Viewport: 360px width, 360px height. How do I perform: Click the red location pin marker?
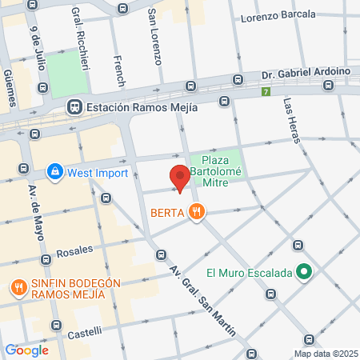[x=179, y=177]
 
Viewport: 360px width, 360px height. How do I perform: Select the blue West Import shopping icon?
[x=54, y=170]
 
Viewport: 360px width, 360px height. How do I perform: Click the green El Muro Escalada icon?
[x=303, y=273]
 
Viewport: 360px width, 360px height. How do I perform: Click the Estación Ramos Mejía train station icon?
[x=74, y=106]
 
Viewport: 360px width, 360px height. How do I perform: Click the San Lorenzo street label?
[x=154, y=37]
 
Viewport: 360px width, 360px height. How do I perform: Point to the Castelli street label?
[x=84, y=332]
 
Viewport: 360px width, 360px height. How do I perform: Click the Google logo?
[x=26, y=350]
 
